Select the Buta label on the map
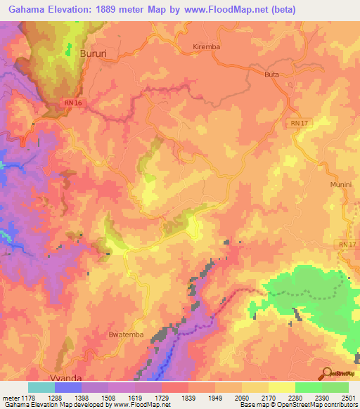coord(272,73)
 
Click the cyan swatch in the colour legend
coord(41,387)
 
